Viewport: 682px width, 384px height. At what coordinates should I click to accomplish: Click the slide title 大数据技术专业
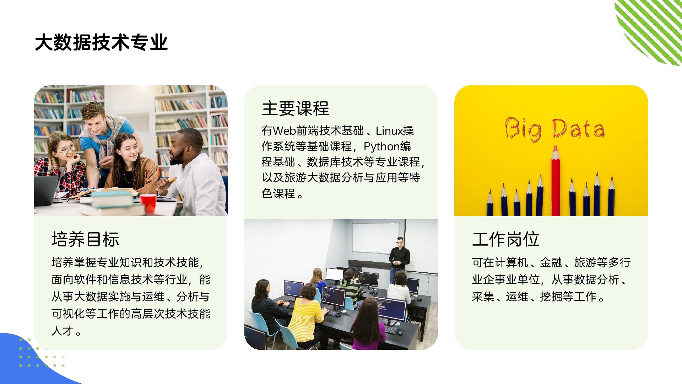coord(101,42)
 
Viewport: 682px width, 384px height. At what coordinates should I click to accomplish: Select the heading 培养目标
coord(85,239)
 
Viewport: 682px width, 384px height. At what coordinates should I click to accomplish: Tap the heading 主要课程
coord(296,108)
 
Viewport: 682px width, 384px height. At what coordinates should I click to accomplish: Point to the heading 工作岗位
coord(506,239)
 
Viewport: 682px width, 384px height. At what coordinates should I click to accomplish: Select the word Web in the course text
coord(285,131)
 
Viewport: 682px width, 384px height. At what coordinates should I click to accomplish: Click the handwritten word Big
coord(524,129)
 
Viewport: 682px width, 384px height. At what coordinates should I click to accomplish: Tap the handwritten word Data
coord(578,129)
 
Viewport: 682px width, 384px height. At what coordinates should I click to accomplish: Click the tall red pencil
coord(556,181)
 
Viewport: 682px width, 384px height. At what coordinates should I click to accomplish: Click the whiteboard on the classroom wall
coord(376,238)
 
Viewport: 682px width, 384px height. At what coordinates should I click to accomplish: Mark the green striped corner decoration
coord(648,32)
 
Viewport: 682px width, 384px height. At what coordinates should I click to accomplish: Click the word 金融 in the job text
coord(551,262)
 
